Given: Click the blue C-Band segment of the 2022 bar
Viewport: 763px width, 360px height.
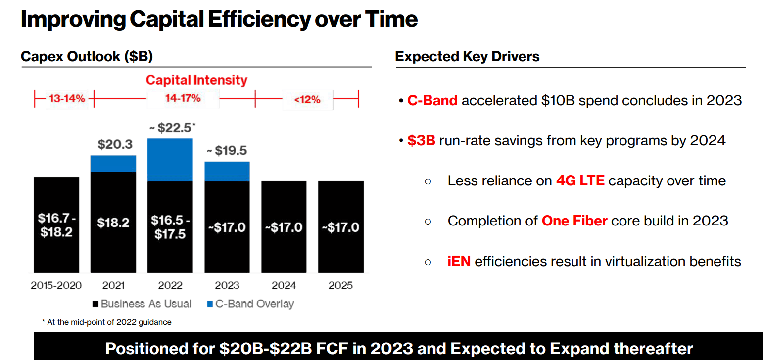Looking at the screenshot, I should point(170,160).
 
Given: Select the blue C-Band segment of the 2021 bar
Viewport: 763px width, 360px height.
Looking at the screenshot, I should point(113,164).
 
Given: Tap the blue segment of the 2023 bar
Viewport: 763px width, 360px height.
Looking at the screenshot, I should point(227,171).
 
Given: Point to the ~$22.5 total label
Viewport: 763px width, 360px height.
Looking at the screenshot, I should point(172,128).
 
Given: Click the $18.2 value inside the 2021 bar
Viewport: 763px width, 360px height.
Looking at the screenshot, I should point(113,223).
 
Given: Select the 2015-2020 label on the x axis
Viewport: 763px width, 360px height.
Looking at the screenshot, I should point(56,285).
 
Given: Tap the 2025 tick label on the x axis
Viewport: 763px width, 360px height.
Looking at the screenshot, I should point(340,285).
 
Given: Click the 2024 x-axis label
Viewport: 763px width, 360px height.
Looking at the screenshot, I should point(284,285).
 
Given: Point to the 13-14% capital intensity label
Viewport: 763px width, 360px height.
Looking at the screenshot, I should point(67,99).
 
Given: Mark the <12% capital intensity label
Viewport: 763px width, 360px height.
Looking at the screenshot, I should point(307,99).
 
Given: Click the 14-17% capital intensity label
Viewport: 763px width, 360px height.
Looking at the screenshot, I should point(183,98).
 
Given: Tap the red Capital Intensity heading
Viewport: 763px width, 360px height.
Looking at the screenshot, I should point(196,80).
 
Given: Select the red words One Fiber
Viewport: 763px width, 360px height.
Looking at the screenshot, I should point(574,220).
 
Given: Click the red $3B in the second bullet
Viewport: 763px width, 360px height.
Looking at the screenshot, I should point(421,141).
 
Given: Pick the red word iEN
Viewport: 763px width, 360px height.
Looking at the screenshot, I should point(459,261).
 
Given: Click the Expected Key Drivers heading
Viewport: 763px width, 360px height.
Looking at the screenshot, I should point(467,57).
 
